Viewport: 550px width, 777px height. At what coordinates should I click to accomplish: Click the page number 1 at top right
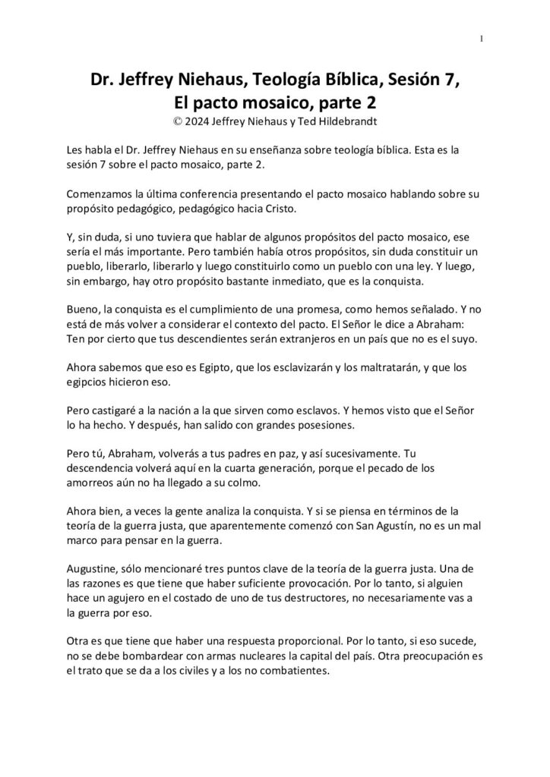(x=482, y=39)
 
